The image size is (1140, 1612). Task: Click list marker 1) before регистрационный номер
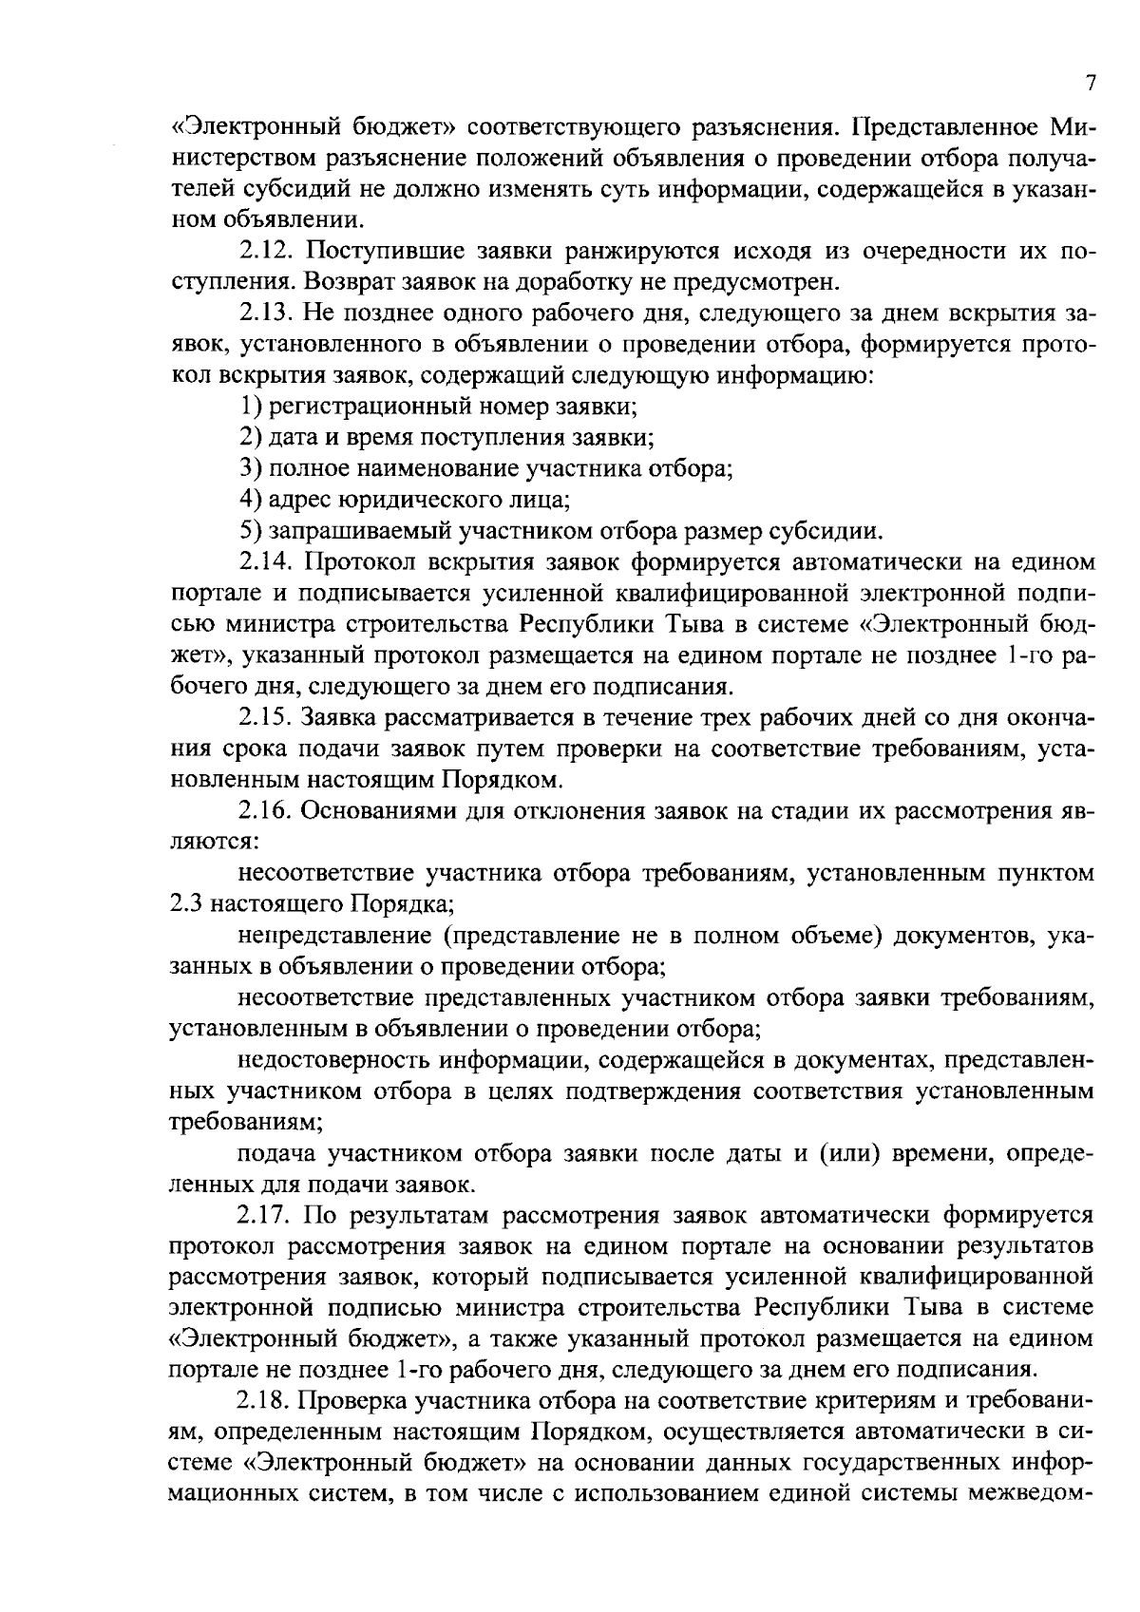[250, 408]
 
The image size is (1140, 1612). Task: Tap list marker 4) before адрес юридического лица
[250, 500]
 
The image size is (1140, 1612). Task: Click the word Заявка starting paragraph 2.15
[348, 719]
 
